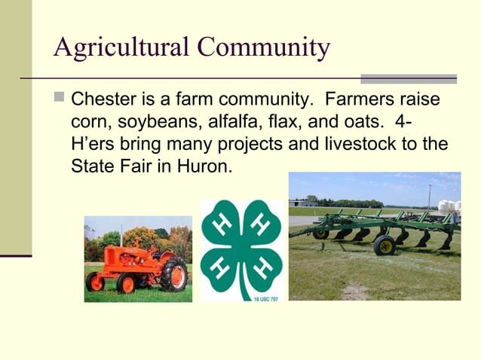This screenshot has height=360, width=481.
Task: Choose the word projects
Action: [x=253, y=143]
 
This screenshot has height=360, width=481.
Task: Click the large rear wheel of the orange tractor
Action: [x=174, y=274]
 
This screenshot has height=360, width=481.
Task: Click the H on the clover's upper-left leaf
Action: [x=224, y=225]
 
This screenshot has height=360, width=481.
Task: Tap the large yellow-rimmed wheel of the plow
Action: [x=385, y=245]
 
